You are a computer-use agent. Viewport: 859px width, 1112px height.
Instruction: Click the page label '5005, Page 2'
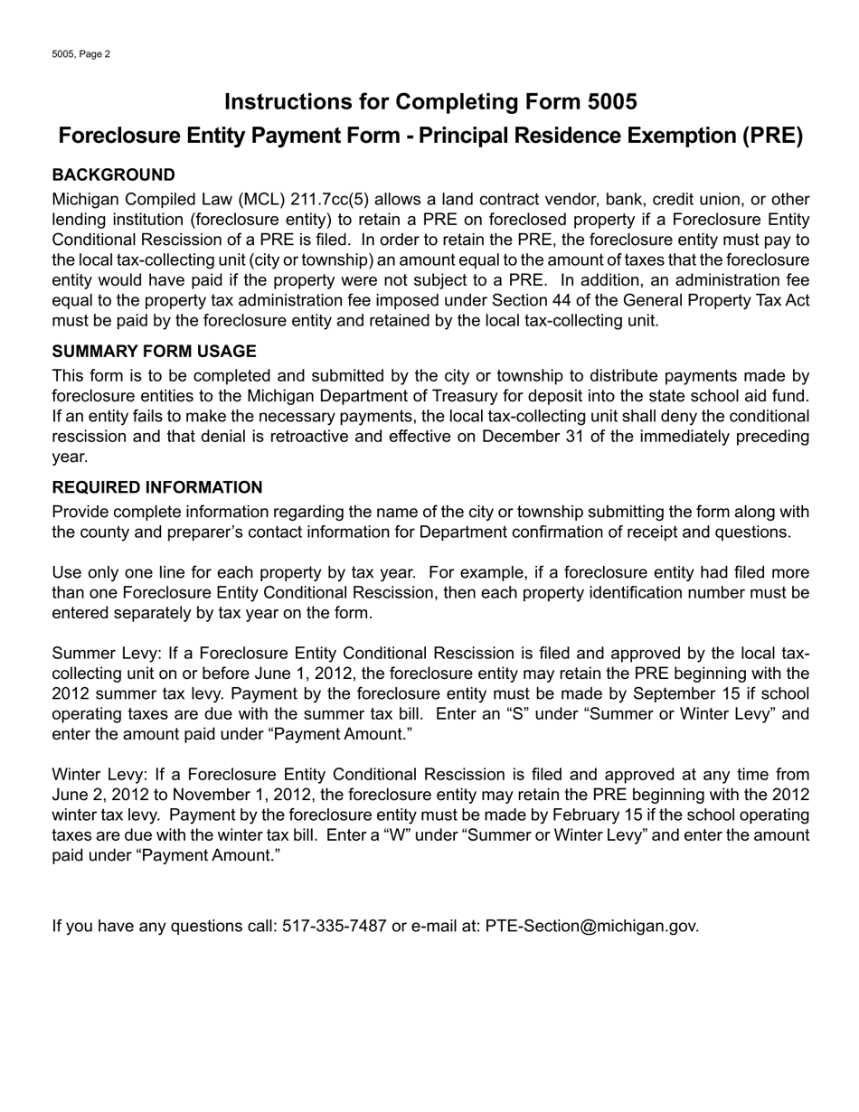80,54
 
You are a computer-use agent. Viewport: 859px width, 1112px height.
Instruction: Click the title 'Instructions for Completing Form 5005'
430,101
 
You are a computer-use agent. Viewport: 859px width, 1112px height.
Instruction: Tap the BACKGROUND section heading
113,174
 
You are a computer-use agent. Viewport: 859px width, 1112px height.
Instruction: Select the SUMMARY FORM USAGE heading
154,352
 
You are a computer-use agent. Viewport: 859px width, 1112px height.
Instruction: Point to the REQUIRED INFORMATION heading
157,487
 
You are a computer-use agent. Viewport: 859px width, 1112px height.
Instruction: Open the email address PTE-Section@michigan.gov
591,926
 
